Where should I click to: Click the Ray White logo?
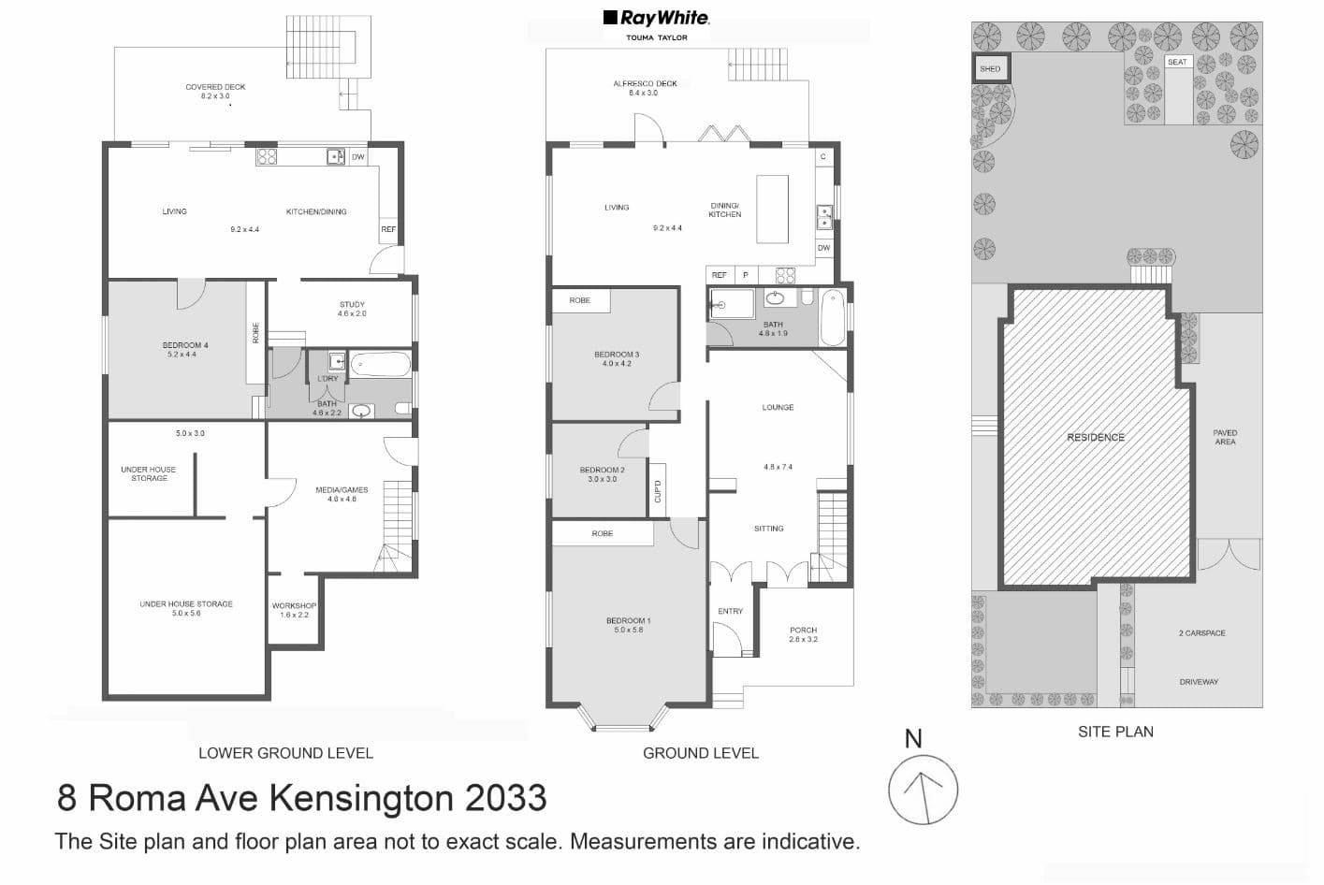click(656, 18)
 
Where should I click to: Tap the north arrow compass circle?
click(923, 790)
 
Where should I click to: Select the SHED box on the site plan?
click(990, 68)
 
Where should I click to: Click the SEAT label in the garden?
click(1177, 63)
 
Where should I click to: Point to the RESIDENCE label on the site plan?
click(1096, 438)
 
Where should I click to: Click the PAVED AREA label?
click(1225, 437)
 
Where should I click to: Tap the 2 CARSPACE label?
click(1201, 633)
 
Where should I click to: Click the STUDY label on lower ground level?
click(352, 305)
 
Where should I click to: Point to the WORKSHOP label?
click(294, 606)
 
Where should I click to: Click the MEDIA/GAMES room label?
click(342, 490)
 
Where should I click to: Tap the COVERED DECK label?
click(215, 87)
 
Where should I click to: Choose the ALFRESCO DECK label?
click(645, 83)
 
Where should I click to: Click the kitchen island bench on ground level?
click(772, 209)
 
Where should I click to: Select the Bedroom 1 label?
click(628, 621)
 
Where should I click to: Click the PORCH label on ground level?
click(803, 631)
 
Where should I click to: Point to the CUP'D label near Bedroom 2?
click(657, 491)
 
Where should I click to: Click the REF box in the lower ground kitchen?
click(388, 229)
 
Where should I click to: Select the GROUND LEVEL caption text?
click(700, 753)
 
